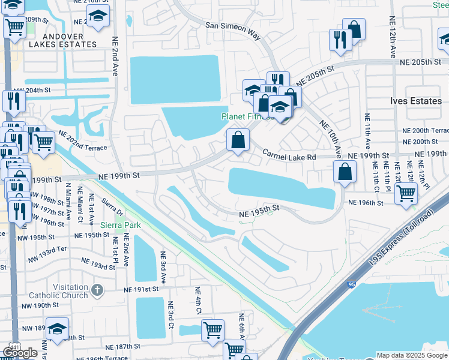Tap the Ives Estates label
pos(416,101)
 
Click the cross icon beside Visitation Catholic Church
pos(98,291)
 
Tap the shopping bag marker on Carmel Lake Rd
pos(238,141)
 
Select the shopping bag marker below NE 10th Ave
pos(345,172)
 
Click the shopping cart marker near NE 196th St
pos(406,193)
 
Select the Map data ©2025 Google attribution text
pos(411,355)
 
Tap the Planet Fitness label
pos(247,116)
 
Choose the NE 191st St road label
pos(141,289)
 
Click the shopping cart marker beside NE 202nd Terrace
pos(43,142)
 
